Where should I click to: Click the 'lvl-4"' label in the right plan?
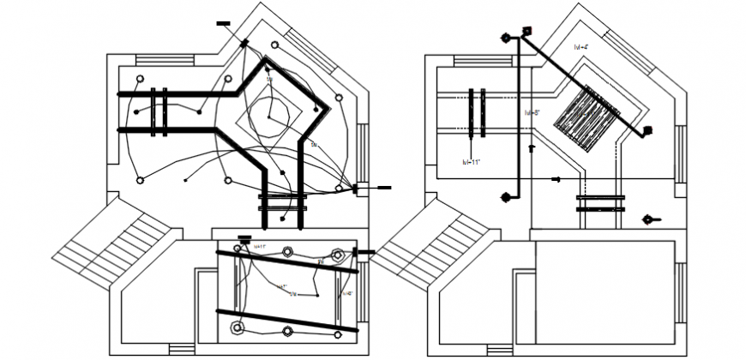(581, 47)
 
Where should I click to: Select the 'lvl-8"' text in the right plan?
(532, 112)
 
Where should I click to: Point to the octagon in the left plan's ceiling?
(270, 115)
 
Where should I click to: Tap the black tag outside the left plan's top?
(224, 23)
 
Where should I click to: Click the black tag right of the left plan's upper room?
(383, 187)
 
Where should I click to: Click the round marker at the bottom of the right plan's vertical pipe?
(507, 197)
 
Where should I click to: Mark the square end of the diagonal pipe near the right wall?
(647, 131)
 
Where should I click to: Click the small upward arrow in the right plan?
(532, 148)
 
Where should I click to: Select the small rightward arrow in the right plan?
(556, 179)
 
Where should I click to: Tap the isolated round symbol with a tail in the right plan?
(649, 220)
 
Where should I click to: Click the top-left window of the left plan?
(153, 59)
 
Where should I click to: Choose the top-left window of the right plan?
(471, 59)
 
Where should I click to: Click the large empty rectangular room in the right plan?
(604, 291)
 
